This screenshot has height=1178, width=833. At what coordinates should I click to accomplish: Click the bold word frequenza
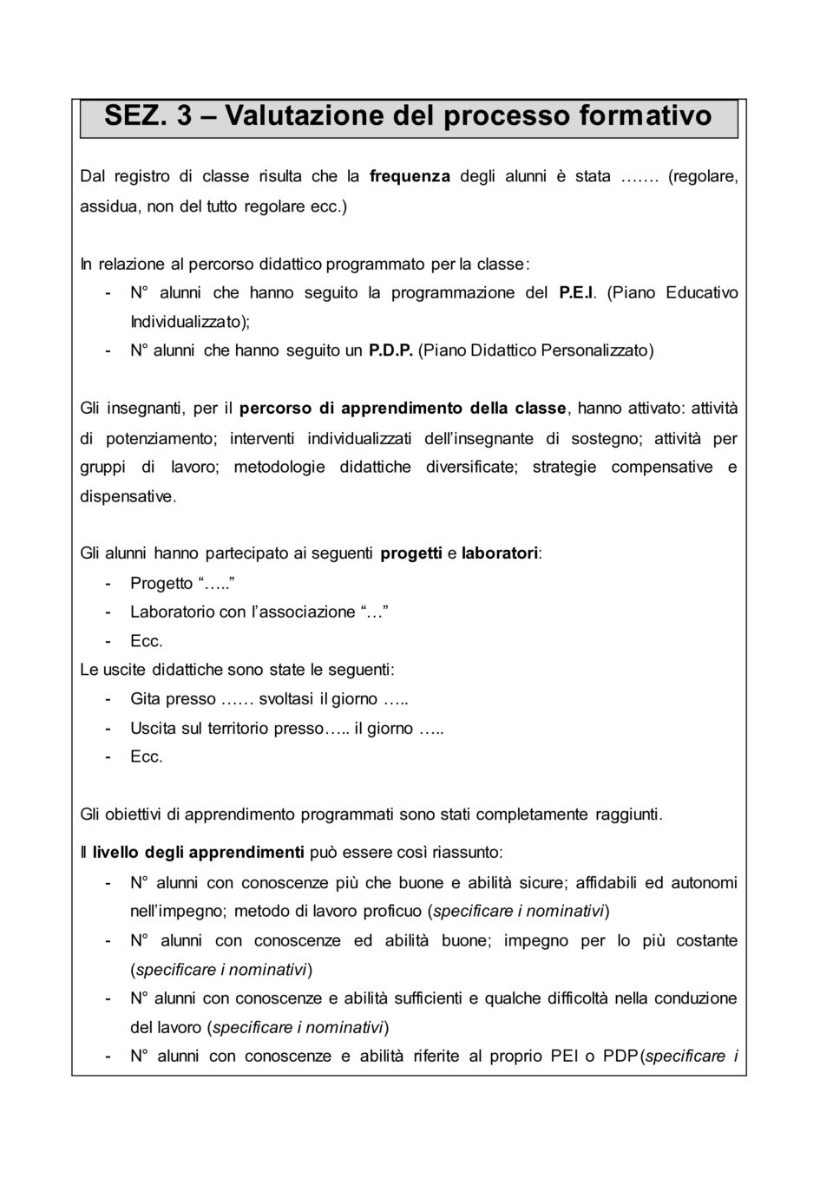(x=410, y=176)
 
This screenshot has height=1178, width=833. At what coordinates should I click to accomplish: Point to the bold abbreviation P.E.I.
(x=579, y=292)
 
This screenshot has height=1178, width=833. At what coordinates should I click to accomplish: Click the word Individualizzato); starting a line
(x=190, y=322)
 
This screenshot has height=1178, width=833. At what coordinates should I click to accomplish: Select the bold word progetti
(x=411, y=553)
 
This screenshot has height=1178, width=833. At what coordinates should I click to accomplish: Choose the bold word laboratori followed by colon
(x=500, y=553)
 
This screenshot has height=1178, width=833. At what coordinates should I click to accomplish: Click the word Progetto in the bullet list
(x=161, y=583)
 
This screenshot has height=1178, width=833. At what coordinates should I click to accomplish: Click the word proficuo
(x=391, y=911)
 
